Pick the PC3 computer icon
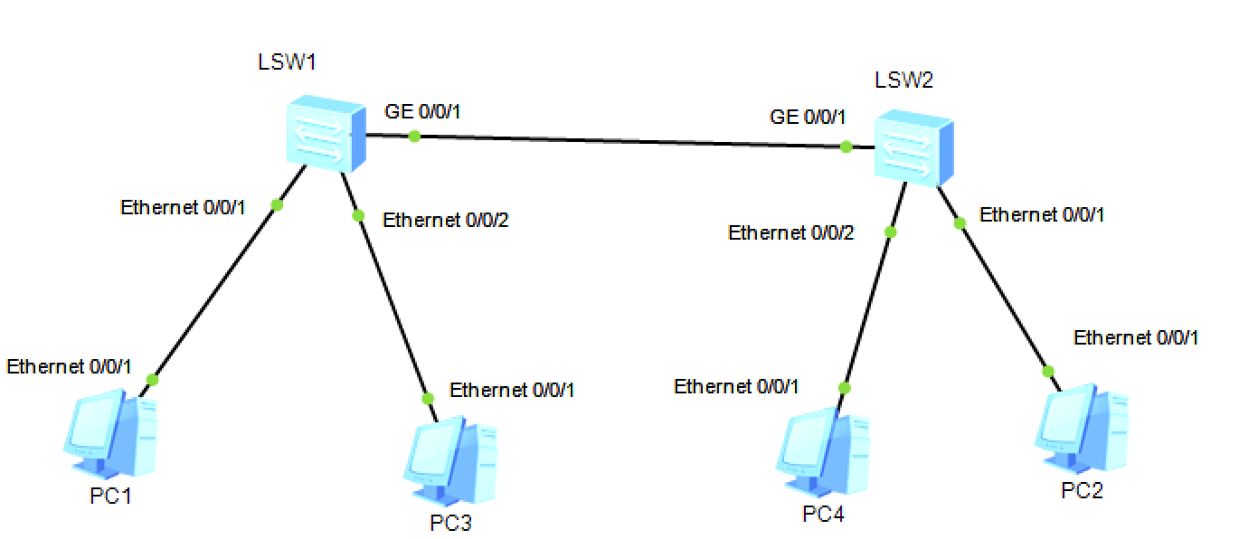pyautogui.click(x=449, y=462)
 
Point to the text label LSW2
pyautogui.click(x=903, y=80)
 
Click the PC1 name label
pyautogui.click(x=111, y=496)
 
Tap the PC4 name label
pyautogui.click(x=823, y=515)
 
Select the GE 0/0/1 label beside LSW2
pyautogui.click(x=808, y=117)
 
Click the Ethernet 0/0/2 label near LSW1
pyautogui.click(x=445, y=220)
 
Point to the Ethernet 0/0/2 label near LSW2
pyautogui.click(x=790, y=233)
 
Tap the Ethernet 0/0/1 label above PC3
pyautogui.click(x=512, y=391)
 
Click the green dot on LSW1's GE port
pyautogui.click(x=413, y=137)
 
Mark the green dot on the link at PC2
pyautogui.click(x=1048, y=371)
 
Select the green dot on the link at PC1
pyautogui.click(x=152, y=381)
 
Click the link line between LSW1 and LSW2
pyautogui.click(x=624, y=141)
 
